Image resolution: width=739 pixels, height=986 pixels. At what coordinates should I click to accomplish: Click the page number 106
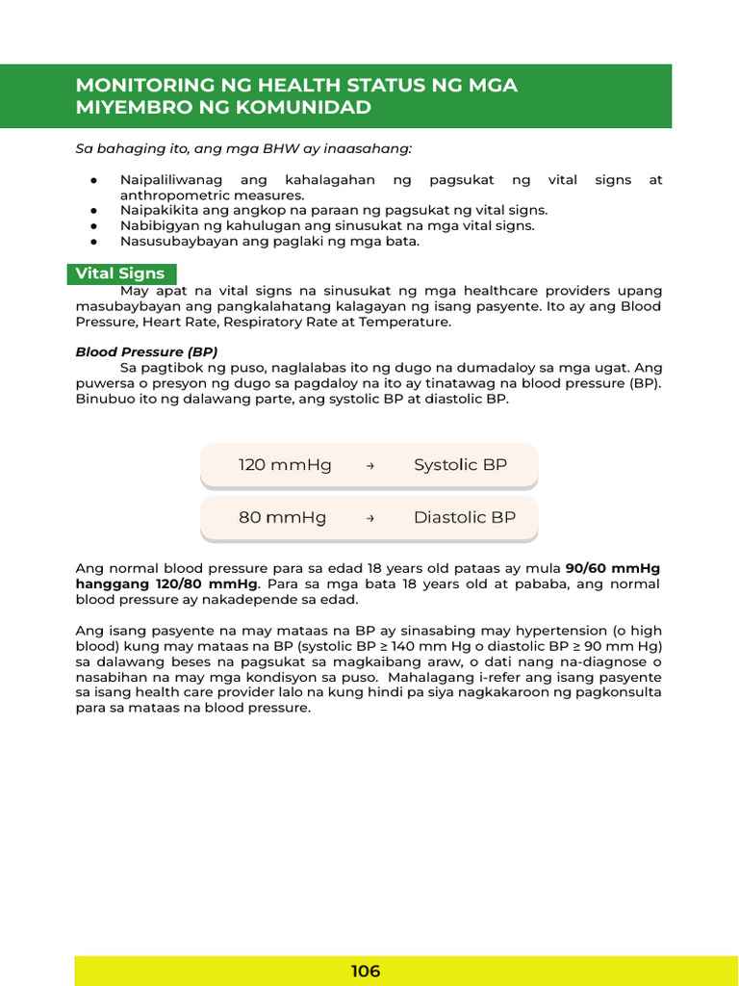tap(366, 971)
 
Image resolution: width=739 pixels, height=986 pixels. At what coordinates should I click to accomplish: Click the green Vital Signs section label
tap(120, 273)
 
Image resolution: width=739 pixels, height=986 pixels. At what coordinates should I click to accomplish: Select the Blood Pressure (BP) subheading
tap(146, 351)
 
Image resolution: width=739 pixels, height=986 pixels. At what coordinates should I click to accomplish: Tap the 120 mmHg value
tap(285, 465)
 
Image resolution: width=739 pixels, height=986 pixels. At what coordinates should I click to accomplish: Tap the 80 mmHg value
tap(282, 517)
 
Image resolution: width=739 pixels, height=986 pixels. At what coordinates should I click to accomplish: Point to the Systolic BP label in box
tap(460, 465)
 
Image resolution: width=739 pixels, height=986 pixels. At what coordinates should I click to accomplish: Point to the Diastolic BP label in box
tap(464, 517)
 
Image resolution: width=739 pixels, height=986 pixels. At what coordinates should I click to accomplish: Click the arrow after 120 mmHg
tap(370, 466)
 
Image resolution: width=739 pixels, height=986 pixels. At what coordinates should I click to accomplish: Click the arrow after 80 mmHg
tap(370, 518)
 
